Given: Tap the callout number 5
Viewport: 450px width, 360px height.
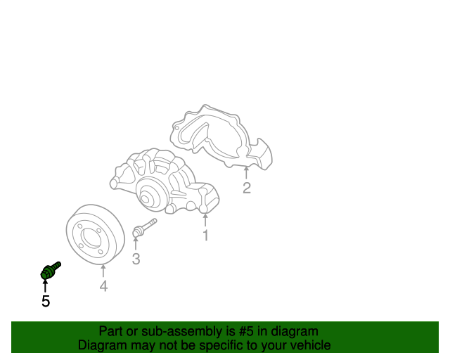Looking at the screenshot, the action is click(46, 301).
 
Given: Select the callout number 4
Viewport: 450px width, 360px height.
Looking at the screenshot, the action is click(103, 286).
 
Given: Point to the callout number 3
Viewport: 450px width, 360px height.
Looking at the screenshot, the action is click(136, 259).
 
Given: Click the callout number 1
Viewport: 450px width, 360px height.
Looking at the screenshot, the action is click(205, 235).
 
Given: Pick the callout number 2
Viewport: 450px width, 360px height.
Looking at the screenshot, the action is click(247, 188).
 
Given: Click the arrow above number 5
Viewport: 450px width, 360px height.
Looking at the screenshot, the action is click(45, 286).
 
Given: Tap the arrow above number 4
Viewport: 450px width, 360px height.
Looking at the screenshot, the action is click(103, 271).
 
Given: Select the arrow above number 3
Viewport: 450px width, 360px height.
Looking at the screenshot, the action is click(136, 243).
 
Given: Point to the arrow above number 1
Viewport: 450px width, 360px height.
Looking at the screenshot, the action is click(205, 220).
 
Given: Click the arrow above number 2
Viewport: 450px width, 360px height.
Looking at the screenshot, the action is click(246, 173).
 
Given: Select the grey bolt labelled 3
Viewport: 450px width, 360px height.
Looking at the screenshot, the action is click(144, 228).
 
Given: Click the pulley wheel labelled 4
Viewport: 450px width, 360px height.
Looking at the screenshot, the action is click(96, 234).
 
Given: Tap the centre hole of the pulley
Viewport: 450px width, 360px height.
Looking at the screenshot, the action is click(91, 238).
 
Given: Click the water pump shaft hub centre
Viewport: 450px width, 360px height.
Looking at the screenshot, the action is click(146, 198).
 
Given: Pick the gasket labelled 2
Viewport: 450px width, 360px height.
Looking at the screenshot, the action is click(221, 137).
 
